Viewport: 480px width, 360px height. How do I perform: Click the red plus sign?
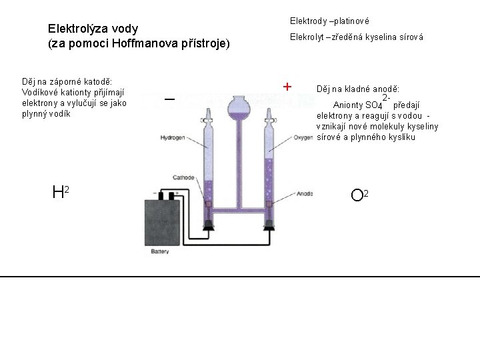coord(287,87)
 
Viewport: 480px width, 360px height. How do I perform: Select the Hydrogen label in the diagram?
coord(173,138)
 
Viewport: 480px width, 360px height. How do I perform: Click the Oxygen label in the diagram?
coord(303,138)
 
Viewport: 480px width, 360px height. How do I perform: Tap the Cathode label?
coord(183,178)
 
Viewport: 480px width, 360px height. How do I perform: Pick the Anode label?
coord(305,193)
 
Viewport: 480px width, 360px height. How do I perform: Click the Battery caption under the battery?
coord(160,252)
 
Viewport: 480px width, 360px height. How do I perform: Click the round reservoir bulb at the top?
coord(239,107)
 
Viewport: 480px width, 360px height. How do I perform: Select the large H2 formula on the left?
coord(61,193)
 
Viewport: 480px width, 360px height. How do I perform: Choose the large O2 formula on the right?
coord(359,195)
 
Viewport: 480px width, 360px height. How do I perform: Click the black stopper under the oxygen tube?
coord(271,225)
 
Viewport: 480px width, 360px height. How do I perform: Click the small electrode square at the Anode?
coord(270,204)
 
